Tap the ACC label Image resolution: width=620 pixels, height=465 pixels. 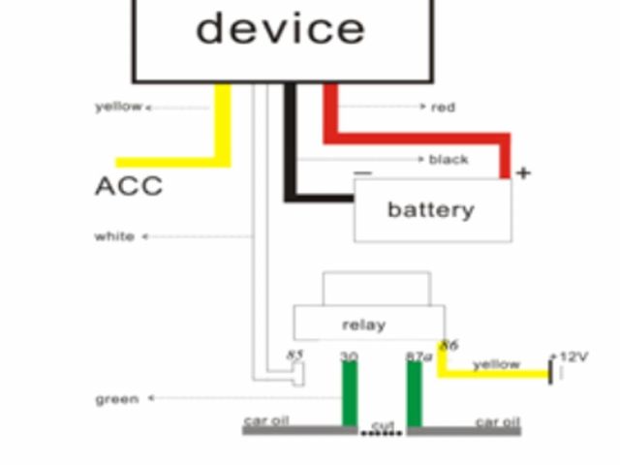point(129,186)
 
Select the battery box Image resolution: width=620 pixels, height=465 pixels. point(432,209)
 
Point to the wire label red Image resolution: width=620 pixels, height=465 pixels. point(444,107)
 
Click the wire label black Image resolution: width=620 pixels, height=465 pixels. point(449,159)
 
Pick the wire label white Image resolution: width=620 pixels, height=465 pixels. point(114,236)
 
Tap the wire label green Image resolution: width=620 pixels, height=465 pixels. point(116,398)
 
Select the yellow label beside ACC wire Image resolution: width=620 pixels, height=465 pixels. point(118,107)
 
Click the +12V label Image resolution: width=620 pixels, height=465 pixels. point(571,357)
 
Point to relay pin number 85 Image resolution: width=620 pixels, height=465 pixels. point(295,356)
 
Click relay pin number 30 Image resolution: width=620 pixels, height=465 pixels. point(349,356)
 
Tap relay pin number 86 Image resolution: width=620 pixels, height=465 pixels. point(449,345)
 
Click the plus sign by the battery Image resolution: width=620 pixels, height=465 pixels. point(523,173)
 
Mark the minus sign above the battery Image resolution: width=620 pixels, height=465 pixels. point(362,172)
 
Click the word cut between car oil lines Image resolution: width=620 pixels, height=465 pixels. point(384,425)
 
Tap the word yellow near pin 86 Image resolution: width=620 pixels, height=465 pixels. point(497,365)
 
